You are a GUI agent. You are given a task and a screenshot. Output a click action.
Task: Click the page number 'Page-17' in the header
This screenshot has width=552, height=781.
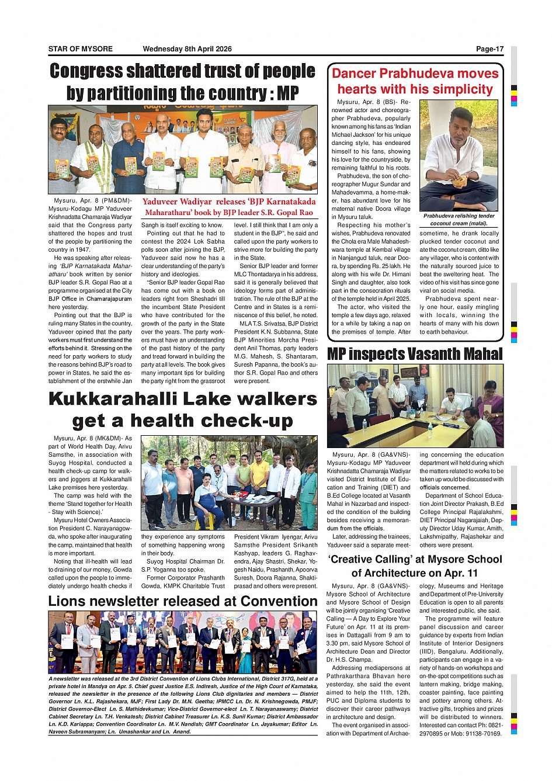coord(489,49)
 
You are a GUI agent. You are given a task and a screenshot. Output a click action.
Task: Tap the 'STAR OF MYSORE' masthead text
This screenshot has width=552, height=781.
coord(80,49)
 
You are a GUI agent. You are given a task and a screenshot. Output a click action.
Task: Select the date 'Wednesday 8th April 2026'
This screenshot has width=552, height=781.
coord(187,49)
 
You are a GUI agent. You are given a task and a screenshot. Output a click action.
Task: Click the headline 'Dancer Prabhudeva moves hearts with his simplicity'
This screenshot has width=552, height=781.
coord(415,81)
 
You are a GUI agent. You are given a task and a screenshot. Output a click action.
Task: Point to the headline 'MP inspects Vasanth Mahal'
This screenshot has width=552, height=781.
coord(414,354)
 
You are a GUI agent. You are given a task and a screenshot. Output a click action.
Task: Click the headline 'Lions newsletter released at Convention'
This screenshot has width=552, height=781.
coord(183,601)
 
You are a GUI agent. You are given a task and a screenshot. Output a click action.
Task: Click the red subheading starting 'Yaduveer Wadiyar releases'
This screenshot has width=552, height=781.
coord(228,207)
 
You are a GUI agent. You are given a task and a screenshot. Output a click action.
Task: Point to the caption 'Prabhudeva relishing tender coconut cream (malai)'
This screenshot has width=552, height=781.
coord(459,219)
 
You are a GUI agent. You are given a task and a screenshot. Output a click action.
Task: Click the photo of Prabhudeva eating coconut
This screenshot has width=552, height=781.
coord(459,155)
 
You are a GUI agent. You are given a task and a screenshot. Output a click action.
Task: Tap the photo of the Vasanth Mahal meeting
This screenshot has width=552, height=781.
coord(415,405)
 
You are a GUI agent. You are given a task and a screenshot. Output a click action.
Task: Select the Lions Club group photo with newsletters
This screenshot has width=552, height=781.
coord(183,642)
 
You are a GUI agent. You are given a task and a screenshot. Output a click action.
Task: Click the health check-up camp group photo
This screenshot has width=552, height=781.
coord(229,483)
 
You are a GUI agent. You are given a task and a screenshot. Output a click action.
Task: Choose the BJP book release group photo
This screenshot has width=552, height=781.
coord(183,149)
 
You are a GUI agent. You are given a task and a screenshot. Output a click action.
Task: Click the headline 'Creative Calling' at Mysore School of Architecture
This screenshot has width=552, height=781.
coord(415,565)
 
